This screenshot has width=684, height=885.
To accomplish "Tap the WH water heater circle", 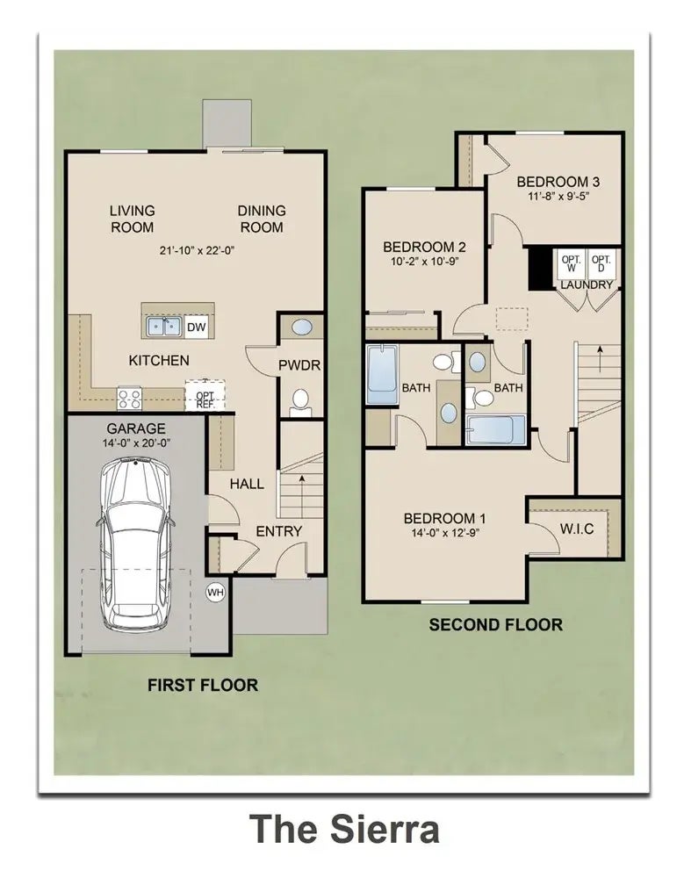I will (215, 593).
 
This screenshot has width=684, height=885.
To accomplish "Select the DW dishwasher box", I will (197, 327).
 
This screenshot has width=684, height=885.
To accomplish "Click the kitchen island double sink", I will (162, 327).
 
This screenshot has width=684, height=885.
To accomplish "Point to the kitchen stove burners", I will (130, 399).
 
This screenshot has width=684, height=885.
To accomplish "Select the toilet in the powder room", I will (300, 402).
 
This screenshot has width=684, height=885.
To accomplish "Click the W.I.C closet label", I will (576, 529).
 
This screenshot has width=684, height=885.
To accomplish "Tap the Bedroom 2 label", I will (424, 247).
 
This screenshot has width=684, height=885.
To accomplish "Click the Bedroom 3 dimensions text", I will (558, 197).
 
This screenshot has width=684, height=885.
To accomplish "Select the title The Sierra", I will (343, 828).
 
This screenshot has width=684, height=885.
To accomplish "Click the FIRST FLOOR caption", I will (203, 685).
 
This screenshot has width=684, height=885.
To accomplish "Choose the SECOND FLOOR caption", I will (495, 625).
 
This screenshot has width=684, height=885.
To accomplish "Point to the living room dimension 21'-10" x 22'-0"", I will (197, 250).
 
